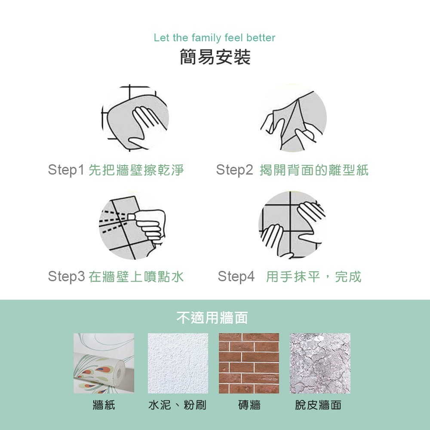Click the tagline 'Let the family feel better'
click(x=214, y=38)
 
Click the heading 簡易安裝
click(x=215, y=58)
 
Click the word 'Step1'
click(x=66, y=170)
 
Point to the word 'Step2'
click(x=235, y=170)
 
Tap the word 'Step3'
click(x=66, y=276)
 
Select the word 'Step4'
click(x=236, y=276)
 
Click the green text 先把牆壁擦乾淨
click(x=136, y=170)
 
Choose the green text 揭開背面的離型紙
click(x=314, y=170)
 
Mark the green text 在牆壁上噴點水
click(x=136, y=276)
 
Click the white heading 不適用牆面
click(x=212, y=318)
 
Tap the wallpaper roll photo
click(x=104, y=363)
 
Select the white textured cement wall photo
click(x=178, y=363)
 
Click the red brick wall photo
click(x=249, y=363)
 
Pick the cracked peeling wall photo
click(x=320, y=363)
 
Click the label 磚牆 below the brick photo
click(x=249, y=405)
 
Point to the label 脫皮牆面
click(x=318, y=405)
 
